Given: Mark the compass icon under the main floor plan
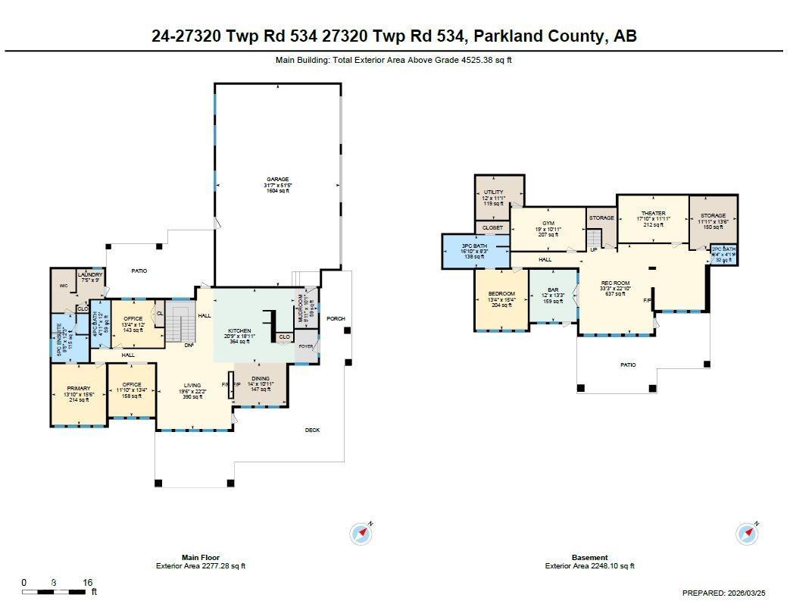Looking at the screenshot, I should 362,534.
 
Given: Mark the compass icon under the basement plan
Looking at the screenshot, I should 747,534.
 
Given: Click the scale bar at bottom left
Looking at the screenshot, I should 53,591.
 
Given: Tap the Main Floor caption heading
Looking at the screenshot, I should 200,557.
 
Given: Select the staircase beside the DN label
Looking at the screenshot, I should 180,324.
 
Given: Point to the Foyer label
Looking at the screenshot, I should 305,346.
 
